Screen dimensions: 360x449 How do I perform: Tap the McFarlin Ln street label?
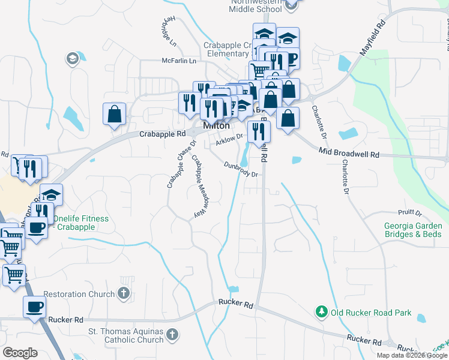pyautogui.click(x=179, y=61)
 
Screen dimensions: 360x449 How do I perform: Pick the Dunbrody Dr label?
pyautogui.click(x=241, y=169)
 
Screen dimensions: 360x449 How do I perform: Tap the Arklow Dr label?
pyautogui.click(x=229, y=139)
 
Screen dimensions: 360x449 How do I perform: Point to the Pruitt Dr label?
pyautogui.click(x=410, y=213)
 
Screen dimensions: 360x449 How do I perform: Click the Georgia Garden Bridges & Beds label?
pyautogui.click(x=413, y=230)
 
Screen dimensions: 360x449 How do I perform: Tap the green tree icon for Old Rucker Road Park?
pyautogui.click(x=322, y=312)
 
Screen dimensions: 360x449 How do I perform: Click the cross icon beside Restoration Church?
pyautogui.click(x=124, y=294)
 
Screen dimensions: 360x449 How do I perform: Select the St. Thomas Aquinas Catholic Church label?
pyautogui.click(x=125, y=335)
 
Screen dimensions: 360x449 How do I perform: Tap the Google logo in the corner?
pyautogui.click(x=20, y=353)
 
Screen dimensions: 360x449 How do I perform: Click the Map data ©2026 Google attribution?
pyautogui.click(x=411, y=355)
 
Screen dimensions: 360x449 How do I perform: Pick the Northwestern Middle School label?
pyautogui.click(x=256, y=5)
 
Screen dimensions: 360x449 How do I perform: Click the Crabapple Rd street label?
pyautogui.click(x=163, y=134)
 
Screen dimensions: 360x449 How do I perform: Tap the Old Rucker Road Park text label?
pyautogui.click(x=371, y=313)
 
